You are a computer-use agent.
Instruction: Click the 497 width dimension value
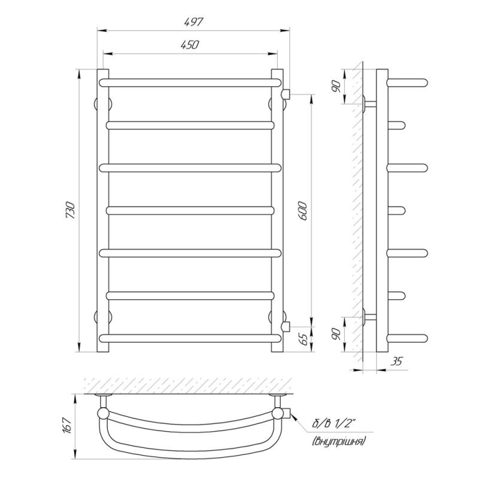[x=193, y=22]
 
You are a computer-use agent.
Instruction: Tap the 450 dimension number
[x=190, y=45]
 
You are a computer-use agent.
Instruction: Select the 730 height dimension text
[x=71, y=210]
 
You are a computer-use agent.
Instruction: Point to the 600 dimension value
[x=302, y=211]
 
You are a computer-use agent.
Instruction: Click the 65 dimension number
[x=304, y=339]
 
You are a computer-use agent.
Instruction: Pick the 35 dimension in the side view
[x=396, y=361]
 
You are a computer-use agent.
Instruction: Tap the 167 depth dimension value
[x=67, y=425]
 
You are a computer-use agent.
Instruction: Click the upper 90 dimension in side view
[x=336, y=86]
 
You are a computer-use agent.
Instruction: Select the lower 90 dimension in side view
[x=336, y=334]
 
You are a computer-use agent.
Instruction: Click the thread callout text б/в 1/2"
[x=335, y=425]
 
